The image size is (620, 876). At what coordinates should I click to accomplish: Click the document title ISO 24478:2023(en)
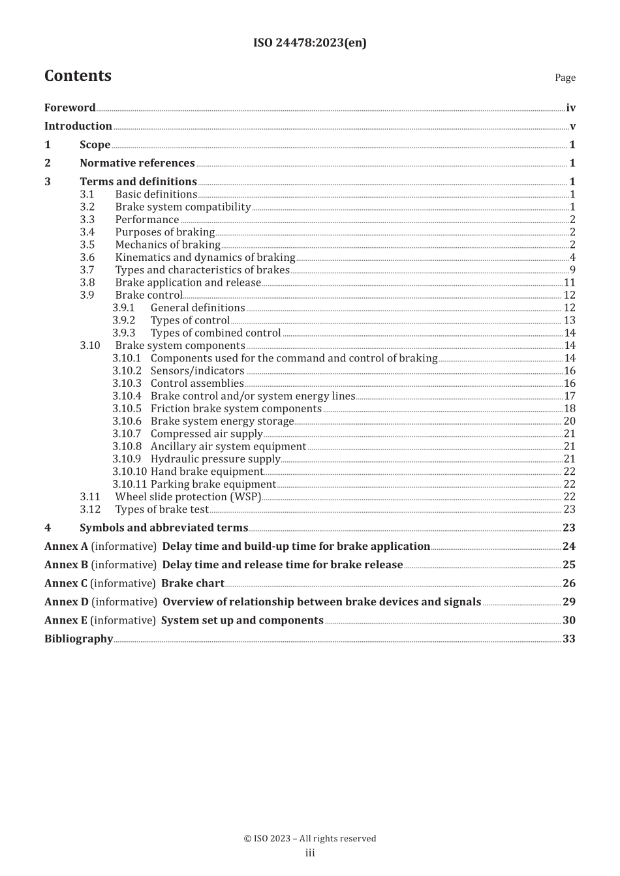[x=309, y=43]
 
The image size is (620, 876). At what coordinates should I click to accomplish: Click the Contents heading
[x=78, y=76]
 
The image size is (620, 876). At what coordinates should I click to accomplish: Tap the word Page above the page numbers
[x=565, y=78]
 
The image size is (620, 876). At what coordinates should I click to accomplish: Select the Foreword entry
[x=70, y=108]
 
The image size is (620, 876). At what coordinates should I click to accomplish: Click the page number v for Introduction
[x=572, y=127]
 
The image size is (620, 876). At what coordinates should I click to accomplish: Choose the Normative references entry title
[x=137, y=163]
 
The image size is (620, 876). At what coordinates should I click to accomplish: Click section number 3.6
[x=87, y=258]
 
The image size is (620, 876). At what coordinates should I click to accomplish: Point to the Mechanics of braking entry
[x=168, y=245]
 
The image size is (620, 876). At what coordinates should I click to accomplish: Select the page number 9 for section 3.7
[x=572, y=270]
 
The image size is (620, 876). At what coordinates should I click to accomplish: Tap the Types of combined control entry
[x=215, y=333]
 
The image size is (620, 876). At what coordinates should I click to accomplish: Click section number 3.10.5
[x=127, y=409]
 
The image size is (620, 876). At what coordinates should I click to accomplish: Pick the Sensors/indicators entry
[x=197, y=370]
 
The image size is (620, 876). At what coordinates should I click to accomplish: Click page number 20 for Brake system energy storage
[x=569, y=421]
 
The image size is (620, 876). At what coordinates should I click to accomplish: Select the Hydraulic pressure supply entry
[x=215, y=459]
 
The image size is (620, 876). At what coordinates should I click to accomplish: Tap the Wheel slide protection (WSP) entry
[x=188, y=497]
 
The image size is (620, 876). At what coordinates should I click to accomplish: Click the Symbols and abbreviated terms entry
[x=164, y=528]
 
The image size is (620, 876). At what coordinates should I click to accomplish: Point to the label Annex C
[x=65, y=584]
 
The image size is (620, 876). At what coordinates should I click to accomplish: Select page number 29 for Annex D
[x=568, y=602]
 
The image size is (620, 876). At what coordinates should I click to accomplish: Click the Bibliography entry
[x=79, y=639]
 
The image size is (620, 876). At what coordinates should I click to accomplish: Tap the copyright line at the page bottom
[x=309, y=839]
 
